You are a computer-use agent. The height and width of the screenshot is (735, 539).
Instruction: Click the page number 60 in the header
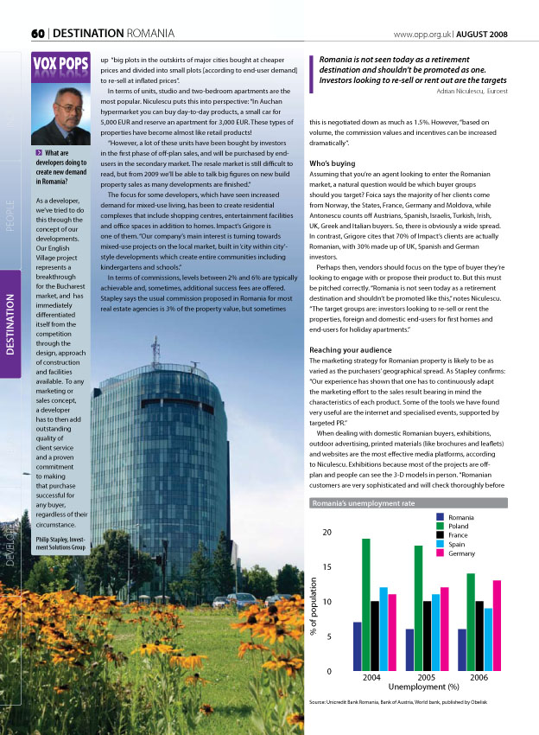tap(38, 33)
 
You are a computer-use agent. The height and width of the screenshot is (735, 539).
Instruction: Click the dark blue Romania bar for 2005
tap(410, 649)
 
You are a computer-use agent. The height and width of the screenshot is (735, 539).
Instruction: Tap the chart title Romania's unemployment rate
tap(363, 502)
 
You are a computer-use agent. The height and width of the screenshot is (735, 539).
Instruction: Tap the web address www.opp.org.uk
tap(422, 33)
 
